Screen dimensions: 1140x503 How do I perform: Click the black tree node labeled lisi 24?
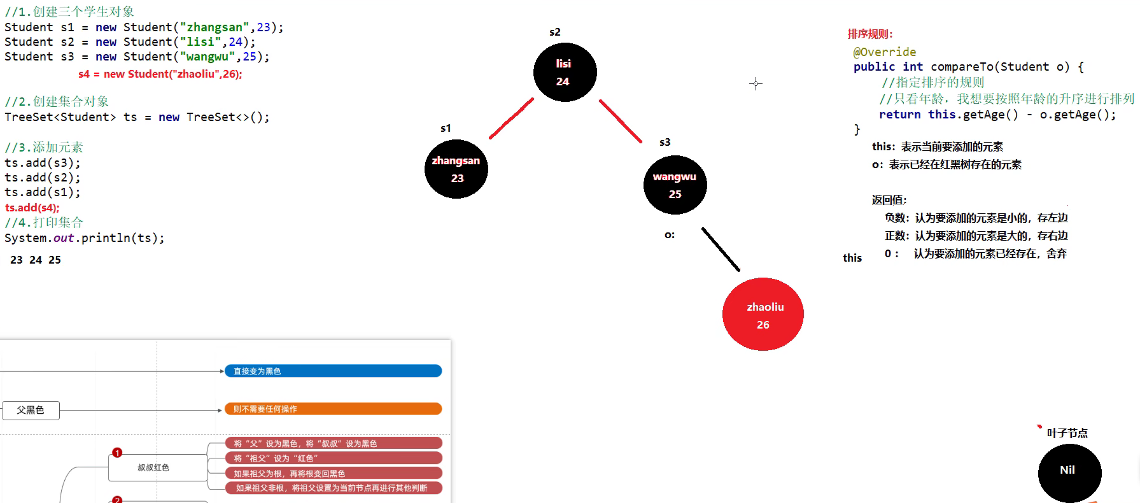tap(565, 73)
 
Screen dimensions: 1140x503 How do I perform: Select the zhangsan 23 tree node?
tap(456, 169)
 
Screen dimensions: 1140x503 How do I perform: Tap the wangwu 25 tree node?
tap(675, 185)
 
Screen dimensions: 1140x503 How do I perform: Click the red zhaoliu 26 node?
tap(763, 315)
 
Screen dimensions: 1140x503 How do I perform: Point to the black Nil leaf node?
tap(1069, 472)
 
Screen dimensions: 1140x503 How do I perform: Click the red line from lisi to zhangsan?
tap(511, 118)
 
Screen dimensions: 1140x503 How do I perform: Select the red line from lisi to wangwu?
tap(620, 121)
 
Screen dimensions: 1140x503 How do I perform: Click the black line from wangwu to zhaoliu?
tap(721, 250)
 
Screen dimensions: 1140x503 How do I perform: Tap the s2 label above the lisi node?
tap(554, 32)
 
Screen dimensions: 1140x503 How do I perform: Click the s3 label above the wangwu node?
tap(665, 142)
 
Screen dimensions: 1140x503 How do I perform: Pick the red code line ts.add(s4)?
tap(32, 208)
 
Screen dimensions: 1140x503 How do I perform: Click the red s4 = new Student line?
tap(160, 74)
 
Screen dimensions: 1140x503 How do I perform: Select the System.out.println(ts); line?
tap(84, 238)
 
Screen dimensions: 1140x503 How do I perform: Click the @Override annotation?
tap(884, 52)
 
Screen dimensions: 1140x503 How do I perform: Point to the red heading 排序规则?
tap(869, 34)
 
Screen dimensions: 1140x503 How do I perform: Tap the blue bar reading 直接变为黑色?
tap(333, 371)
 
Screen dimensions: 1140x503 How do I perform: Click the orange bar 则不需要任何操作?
tap(333, 409)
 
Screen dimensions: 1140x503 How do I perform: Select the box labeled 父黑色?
tap(31, 410)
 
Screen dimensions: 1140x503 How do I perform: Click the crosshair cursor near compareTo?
tap(756, 83)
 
